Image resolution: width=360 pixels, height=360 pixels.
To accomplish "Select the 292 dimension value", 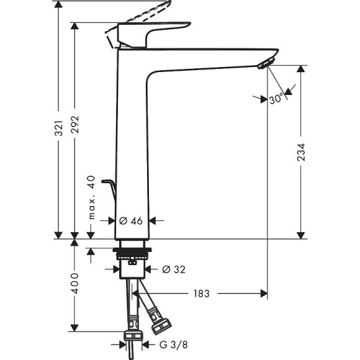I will point(76,128).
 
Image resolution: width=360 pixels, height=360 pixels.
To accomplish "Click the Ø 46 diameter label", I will point(131,220).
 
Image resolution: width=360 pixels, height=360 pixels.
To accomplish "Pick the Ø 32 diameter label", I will point(174,269).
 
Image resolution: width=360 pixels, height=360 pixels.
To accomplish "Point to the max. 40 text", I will point(91,197).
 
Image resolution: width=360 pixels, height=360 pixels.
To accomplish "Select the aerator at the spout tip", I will point(266,63).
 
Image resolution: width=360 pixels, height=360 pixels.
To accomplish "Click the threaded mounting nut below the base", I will point(132,254).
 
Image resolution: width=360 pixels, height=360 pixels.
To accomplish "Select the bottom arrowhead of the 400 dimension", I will point(75,328).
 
